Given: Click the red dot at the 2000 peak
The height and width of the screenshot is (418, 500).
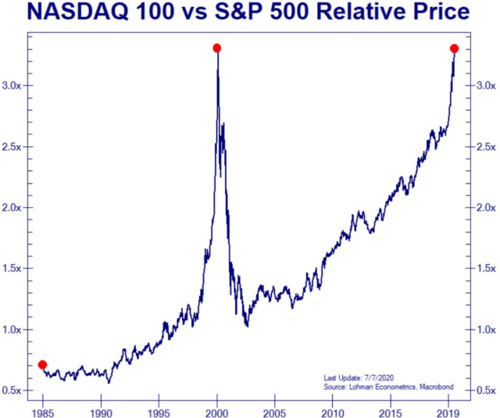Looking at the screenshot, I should (x=217, y=48).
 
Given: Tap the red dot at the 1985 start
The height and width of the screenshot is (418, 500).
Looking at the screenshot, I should (x=42, y=365).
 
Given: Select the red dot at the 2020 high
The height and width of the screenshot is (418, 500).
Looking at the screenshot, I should (x=455, y=48).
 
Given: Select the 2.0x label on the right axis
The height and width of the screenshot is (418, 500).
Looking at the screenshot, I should (x=484, y=208).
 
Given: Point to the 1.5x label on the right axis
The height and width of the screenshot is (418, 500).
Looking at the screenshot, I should (x=484, y=269).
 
